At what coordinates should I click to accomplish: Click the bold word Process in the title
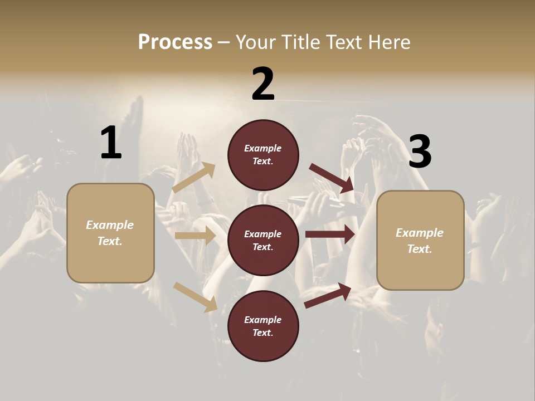tap(175, 42)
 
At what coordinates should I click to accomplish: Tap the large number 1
tap(111, 143)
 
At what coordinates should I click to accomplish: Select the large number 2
tap(263, 84)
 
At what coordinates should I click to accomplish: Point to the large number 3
tap(420, 151)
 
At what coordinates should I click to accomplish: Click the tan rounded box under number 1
tap(110, 233)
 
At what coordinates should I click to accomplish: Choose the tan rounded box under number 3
tap(420, 240)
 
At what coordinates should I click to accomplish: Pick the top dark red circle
tap(263, 155)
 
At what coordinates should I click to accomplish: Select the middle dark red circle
tap(263, 240)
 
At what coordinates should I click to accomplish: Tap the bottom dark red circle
tap(263, 326)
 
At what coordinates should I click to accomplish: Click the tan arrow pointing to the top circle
tap(194, 178)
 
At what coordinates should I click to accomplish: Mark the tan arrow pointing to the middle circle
tap(195, 236)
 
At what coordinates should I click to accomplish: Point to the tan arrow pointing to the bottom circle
tap(196, 297)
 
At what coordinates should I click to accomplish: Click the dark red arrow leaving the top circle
tap(332, 178)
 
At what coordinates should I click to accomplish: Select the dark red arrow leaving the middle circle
tap(330, 234)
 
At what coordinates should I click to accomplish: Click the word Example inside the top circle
tap(263, 148)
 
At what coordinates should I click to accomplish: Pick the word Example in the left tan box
tap(110, 225)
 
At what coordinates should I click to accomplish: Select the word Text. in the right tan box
tap(420, 249)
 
